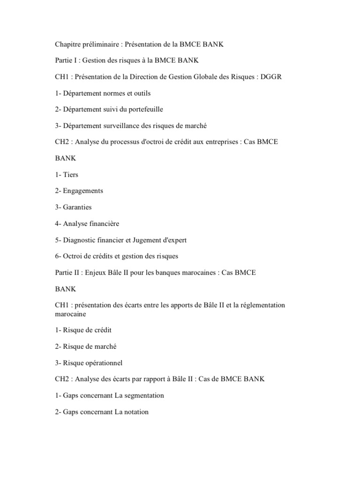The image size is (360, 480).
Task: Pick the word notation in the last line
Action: pos(135,412)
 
